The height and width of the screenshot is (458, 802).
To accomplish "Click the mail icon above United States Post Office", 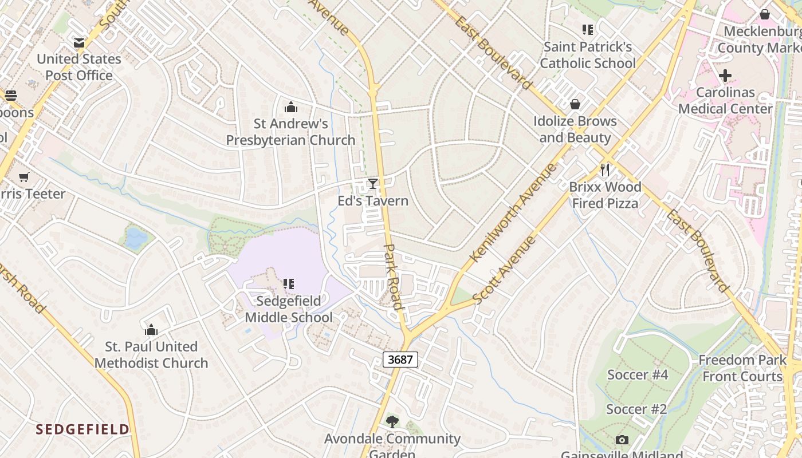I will [x=79, y=42].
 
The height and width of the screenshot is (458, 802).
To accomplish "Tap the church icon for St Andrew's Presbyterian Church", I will [x=291, y=107].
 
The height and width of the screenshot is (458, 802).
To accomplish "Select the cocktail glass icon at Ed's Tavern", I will [x=373, y=184].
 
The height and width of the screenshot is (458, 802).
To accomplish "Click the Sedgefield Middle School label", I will [x=289, y=309].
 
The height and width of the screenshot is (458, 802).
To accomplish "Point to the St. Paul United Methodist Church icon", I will [x=151, y=330].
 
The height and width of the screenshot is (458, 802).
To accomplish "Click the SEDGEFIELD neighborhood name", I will [x=82, y=429].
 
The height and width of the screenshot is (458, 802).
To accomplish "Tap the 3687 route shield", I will [x=400, y=360].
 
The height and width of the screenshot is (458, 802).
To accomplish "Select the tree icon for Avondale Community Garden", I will [x=392, y=422].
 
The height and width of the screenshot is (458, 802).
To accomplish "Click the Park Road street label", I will [x=393, y=277].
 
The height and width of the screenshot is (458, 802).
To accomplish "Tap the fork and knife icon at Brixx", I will [x=605, y=170].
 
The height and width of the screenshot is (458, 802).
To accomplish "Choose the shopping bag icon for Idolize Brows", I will [x=575, y=104].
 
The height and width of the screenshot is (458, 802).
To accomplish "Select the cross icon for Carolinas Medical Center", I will [x=725, y=76].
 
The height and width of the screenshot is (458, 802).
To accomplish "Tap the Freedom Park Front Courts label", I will [x=742, y=368].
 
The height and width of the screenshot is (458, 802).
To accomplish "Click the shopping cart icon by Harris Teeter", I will [x=23, y=177].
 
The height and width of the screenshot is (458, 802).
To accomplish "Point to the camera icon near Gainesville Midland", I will [x=622, y=440].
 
